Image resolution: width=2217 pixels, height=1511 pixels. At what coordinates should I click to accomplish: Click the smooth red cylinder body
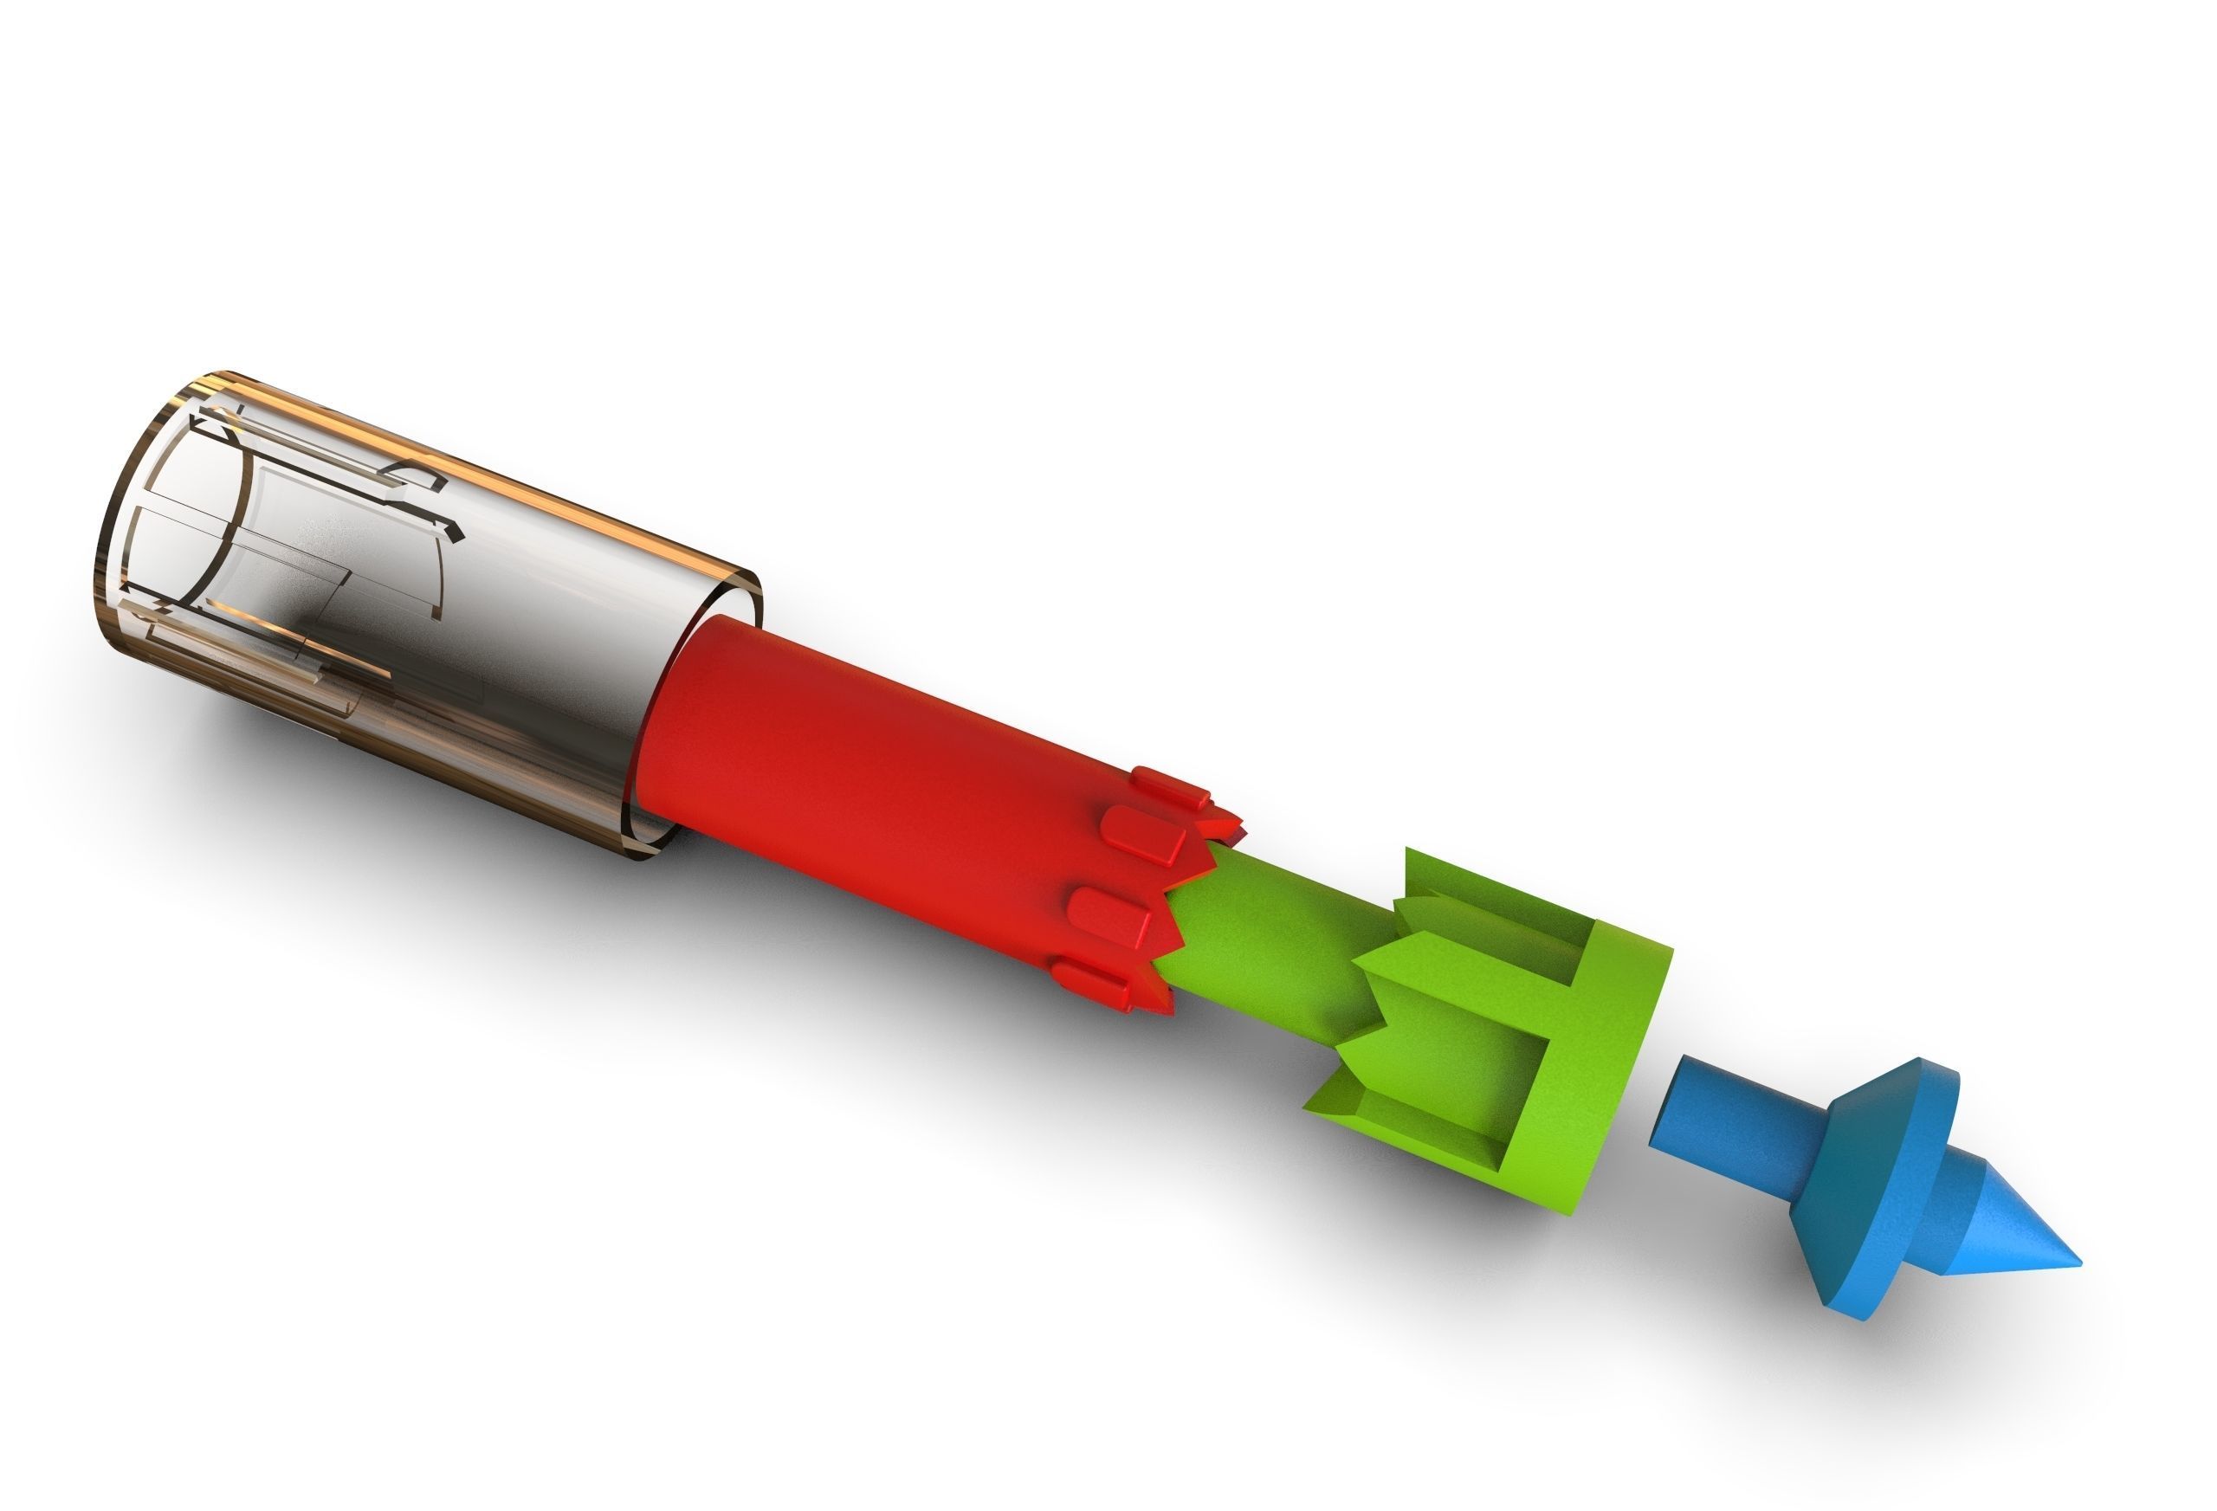click(x=858, y=763)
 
